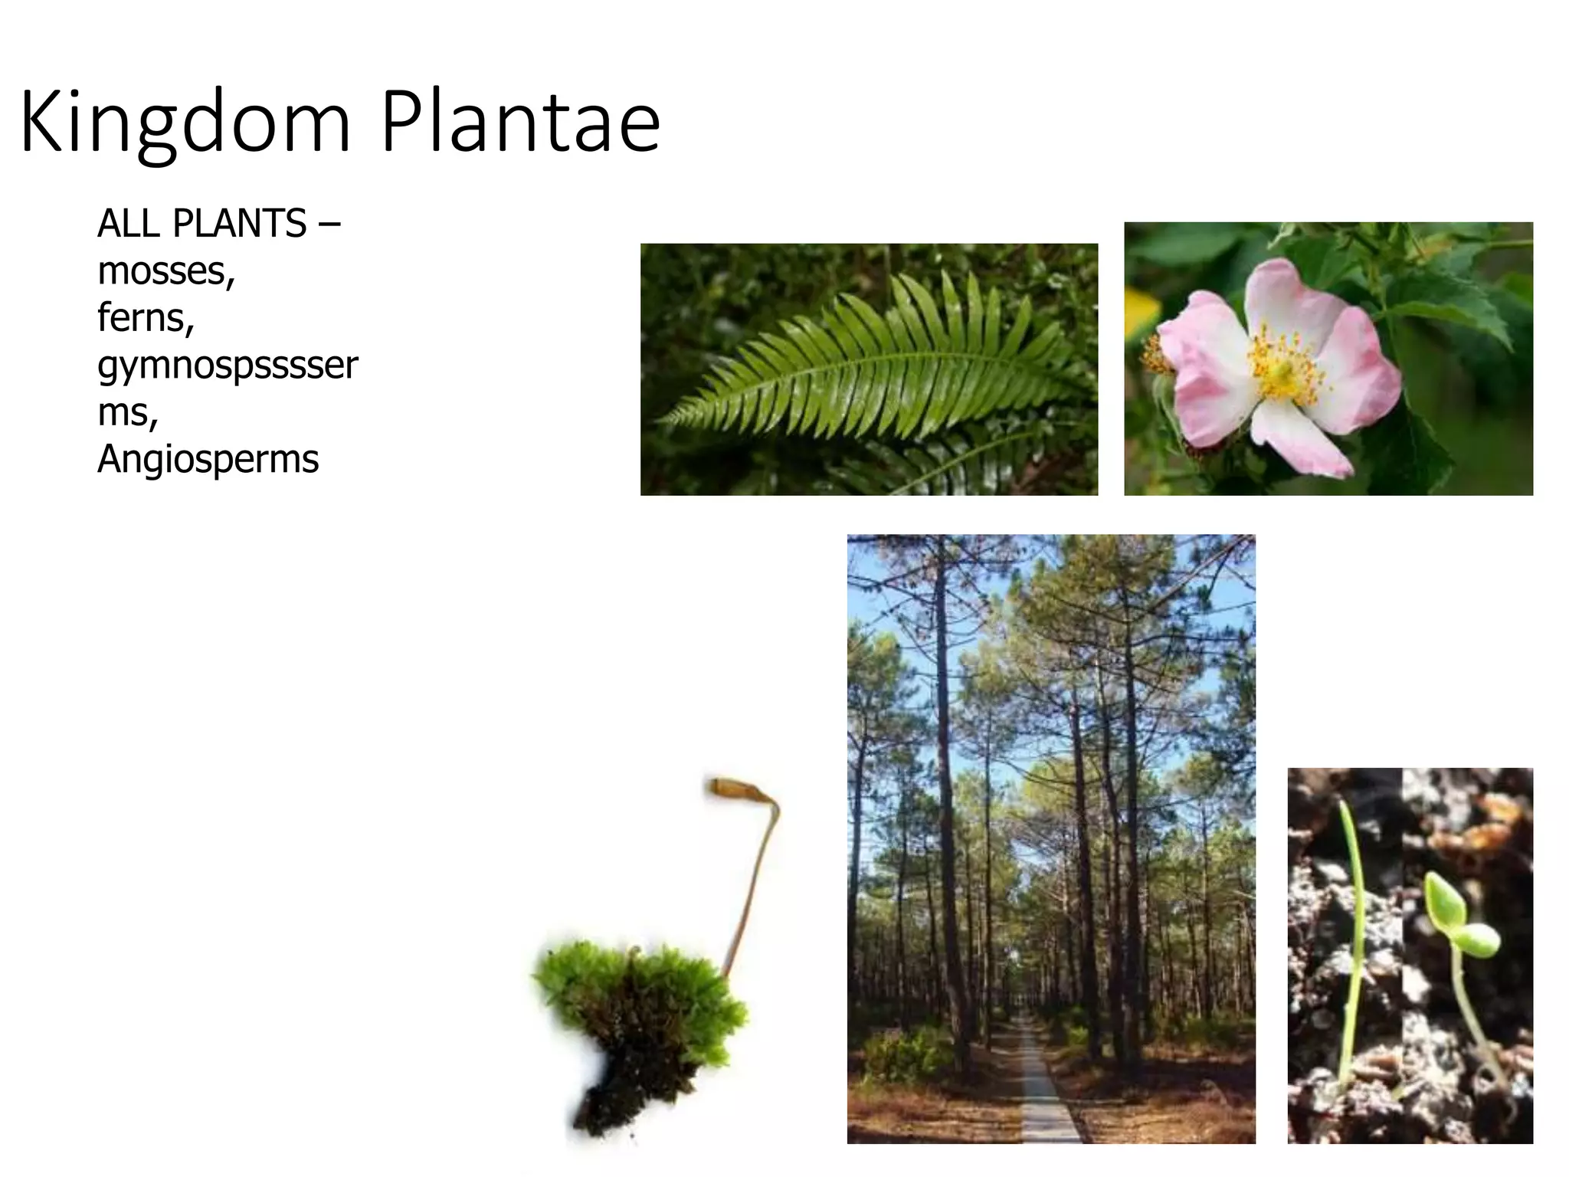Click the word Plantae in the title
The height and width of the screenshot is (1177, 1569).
click(520, 123)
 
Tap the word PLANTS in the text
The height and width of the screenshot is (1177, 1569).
click(240, 224)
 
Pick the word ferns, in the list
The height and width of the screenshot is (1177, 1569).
click(146, 317)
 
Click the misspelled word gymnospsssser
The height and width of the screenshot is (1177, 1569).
click(228, 366)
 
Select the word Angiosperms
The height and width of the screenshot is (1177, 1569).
click(208, 459)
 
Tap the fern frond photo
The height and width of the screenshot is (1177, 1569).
click(869, 369)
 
